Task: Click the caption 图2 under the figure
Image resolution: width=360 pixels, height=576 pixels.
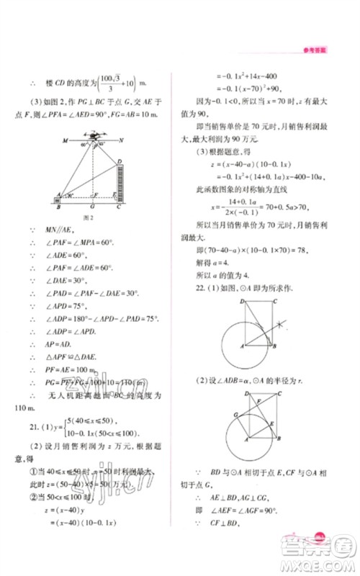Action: point(90,216)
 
